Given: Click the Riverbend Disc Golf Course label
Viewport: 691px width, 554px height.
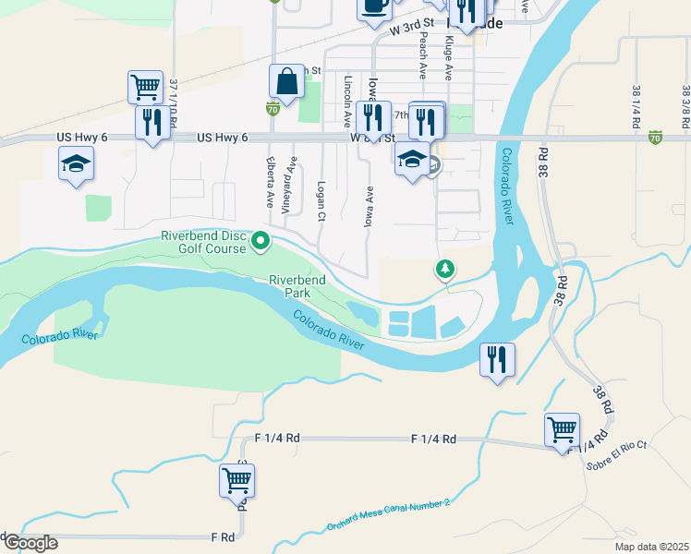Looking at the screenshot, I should pyautogui.click(x=203, y=242).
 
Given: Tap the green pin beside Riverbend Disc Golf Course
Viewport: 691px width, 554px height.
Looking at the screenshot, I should pyautogui.click(x=261, y=242).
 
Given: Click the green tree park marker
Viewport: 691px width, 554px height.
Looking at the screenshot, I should pyautogui.click(x=445, y=269).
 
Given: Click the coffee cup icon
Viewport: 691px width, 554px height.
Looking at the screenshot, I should pyautogui.click(x=374, y=6).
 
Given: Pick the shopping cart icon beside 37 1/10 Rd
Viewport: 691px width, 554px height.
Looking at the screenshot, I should pyautogui.click(x=145, y=88).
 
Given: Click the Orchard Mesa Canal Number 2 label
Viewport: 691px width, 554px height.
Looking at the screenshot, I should pyautogui.click(x=388, y=515).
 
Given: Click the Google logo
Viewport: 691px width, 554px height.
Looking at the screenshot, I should pyautogui.click(x=30, y=543).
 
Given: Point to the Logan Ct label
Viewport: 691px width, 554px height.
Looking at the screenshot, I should pyautogui.click(x=321, y=200).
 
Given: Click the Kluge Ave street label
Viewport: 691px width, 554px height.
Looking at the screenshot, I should pyautogui.click(x=447, y=57).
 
